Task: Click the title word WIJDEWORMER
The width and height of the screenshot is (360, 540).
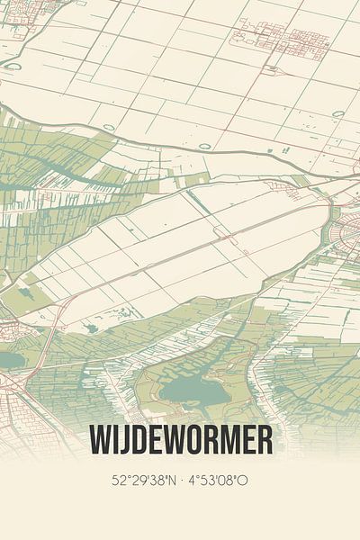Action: [x=180, y=440]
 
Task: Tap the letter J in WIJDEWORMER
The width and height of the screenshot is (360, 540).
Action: [x=124, y=440]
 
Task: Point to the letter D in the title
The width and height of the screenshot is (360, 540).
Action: [x=140, y=440]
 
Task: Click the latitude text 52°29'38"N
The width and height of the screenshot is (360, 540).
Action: [x=143, y=481]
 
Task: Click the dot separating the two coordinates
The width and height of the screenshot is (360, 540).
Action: [x=184, y=481]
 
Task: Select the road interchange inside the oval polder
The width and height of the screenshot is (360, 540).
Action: [x=220, y=233]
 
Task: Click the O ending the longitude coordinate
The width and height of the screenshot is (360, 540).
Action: [x=244, y=481]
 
